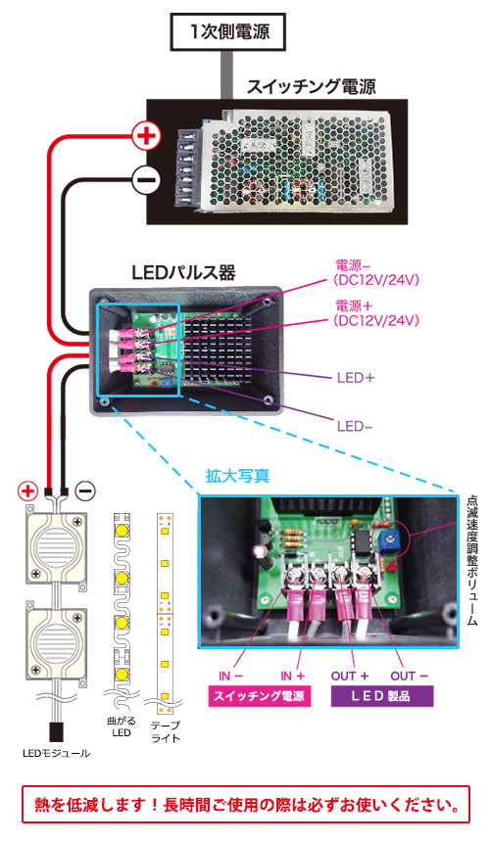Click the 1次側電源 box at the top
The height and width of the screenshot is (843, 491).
pos(227,32)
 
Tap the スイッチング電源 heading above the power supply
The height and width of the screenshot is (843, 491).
pos(312,86)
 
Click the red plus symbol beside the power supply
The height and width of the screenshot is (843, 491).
pos(146,136)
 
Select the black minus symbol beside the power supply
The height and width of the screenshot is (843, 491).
pos(146,179)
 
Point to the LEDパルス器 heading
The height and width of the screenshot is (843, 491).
pos(183,273)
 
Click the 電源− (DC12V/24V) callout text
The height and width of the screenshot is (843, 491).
pos(375,272)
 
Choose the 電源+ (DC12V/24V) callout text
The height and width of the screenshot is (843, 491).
pos(375,313)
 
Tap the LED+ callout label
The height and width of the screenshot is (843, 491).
pos(356,378)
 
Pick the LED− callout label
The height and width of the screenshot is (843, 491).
pos(355,427)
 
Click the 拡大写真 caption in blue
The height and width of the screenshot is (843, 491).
pos(237,476)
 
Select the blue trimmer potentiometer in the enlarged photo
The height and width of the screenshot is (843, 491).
pos(386,538)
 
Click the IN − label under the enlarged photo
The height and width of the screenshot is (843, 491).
pos(231,676)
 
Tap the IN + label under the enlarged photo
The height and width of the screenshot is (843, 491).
pos(292,676)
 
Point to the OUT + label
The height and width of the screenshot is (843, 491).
pos(350,676)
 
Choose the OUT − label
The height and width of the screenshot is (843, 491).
pos(410,676)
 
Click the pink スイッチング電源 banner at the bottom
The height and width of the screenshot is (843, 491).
pos(260,696)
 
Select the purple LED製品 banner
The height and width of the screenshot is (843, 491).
pos(381,696)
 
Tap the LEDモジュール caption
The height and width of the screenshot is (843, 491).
pos(57,753)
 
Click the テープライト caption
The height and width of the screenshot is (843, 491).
pos(166,731)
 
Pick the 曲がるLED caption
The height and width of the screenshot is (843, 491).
pos(122,726)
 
